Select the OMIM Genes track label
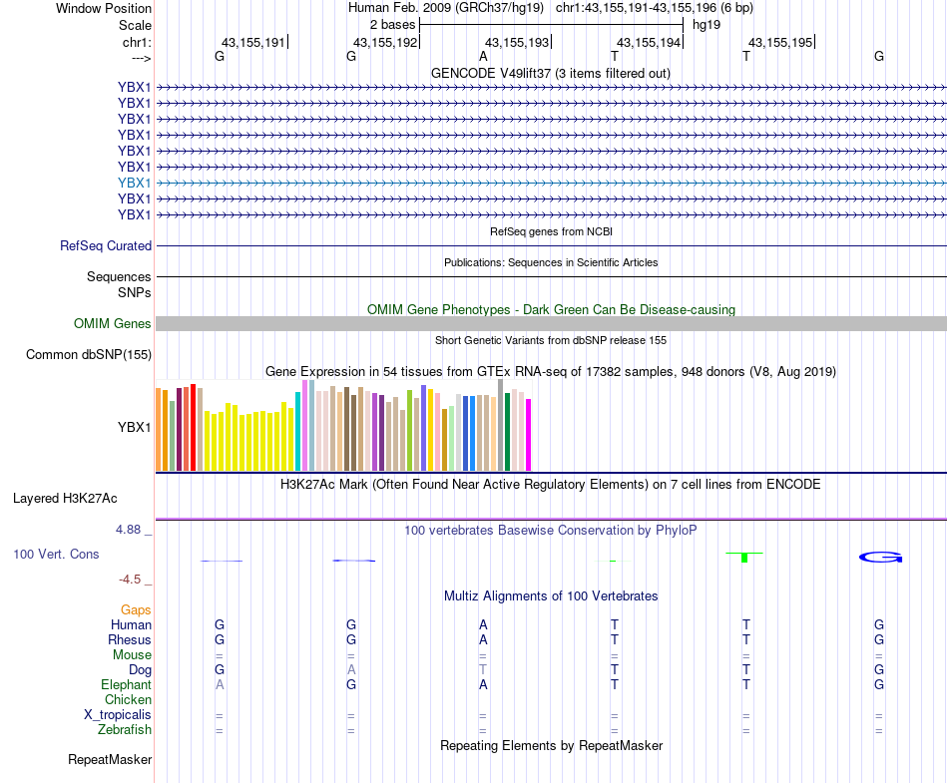click(113, 323)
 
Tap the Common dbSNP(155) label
click(89, 354)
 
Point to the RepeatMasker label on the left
click(110, 760)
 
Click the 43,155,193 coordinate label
click(517, 43)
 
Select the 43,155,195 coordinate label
click(780, 43)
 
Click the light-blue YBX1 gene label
click(134, 183)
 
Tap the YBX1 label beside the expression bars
click(134, 427)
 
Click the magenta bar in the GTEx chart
click(529, 434)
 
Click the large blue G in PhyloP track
click(880, 557)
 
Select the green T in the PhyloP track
click(744, 555)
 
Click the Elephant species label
click(126, 685)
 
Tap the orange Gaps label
click(136, 609)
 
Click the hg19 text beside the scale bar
click(707, 24)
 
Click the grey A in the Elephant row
click(220, 685)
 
